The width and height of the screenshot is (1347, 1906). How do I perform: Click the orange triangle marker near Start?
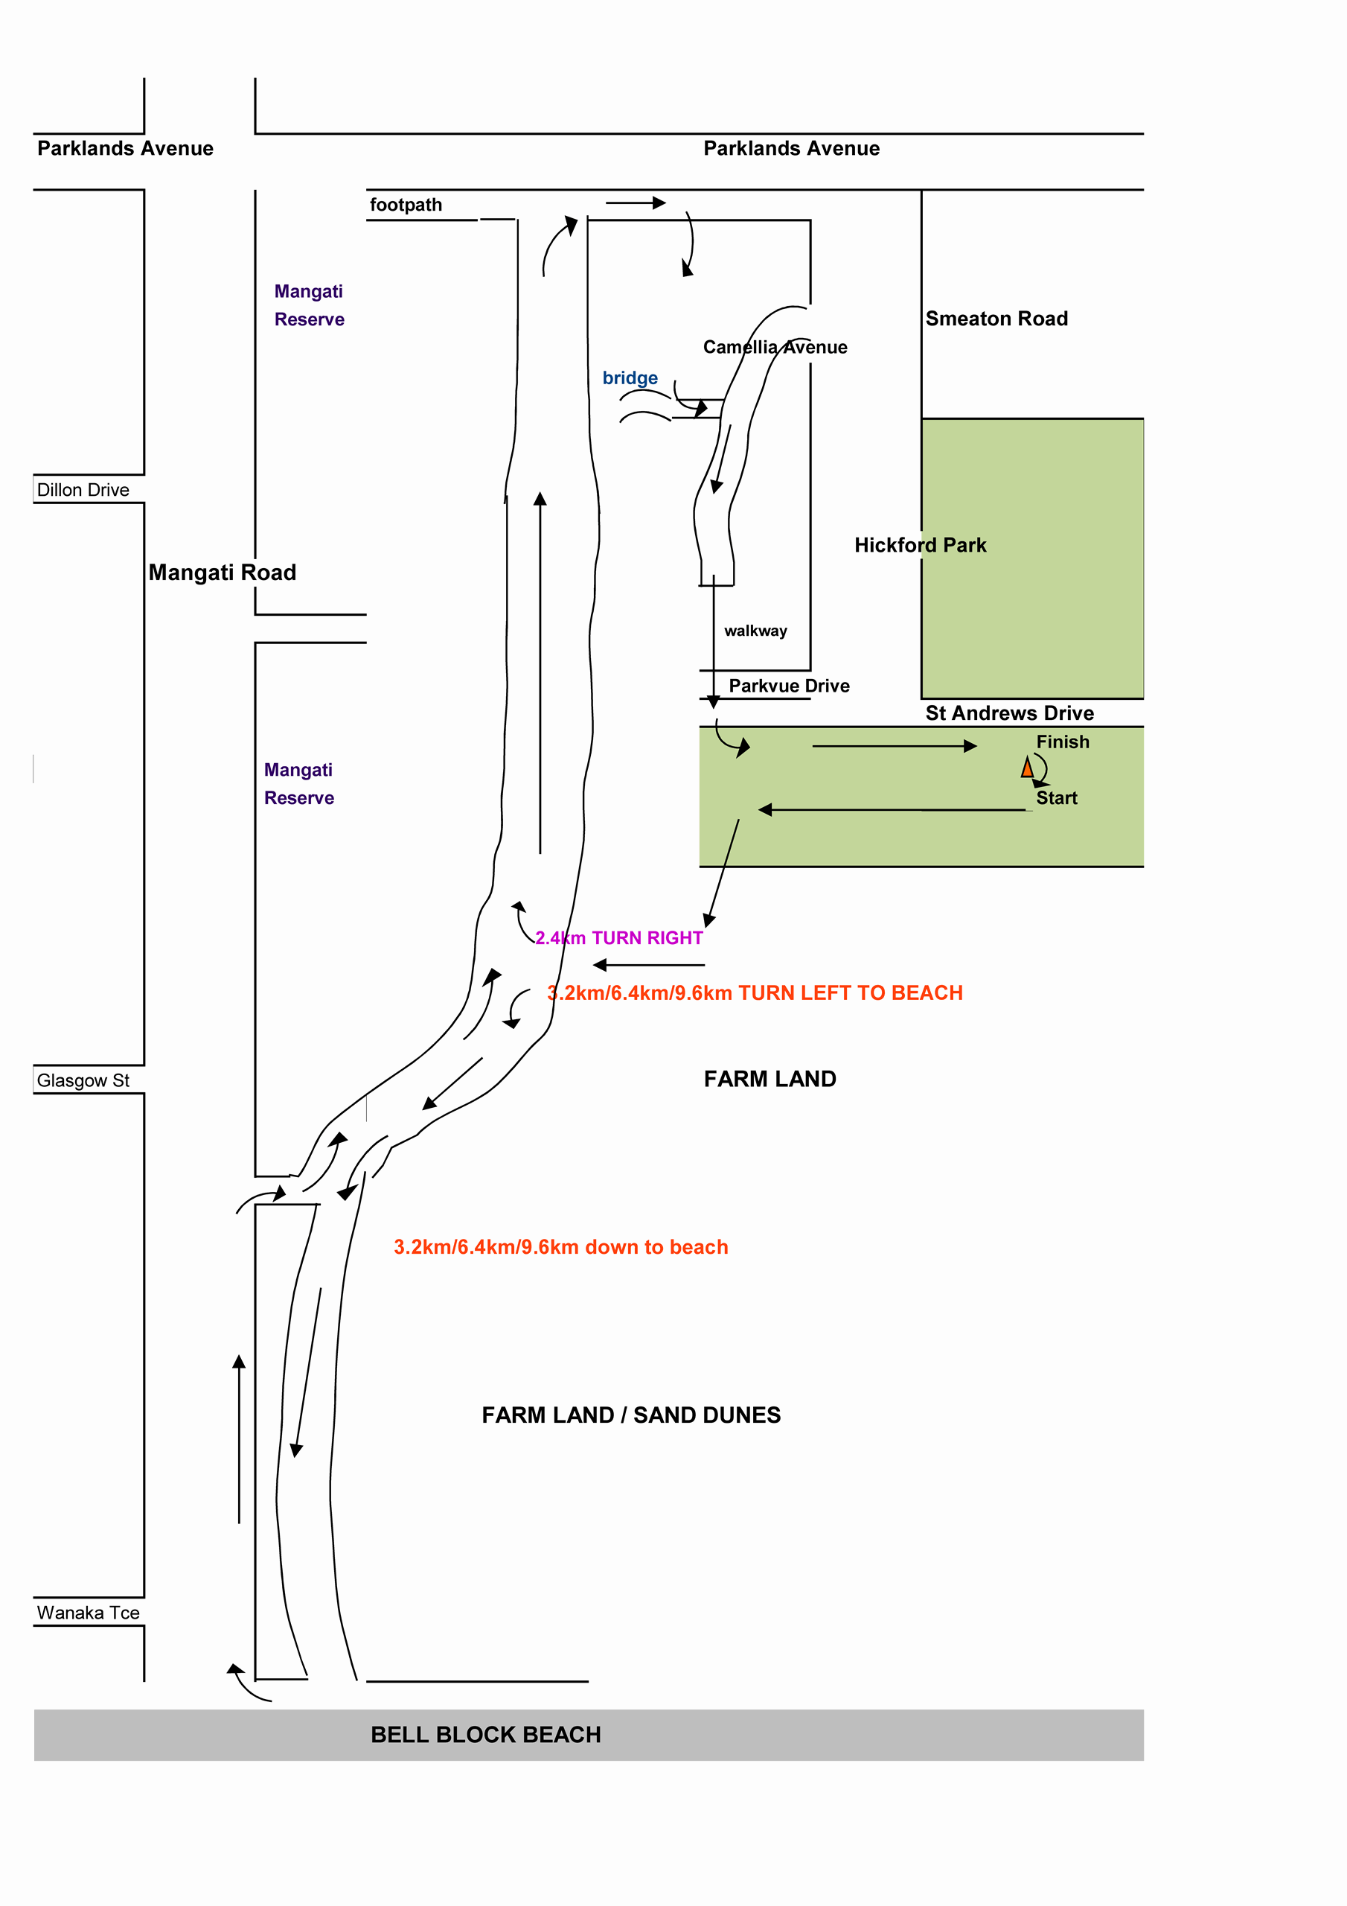pos(1027,767)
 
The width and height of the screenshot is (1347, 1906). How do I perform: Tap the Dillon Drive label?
pos(83,490)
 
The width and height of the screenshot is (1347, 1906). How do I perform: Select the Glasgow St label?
pos(83,1080)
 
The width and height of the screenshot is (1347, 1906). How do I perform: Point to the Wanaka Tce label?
pos(88,1612)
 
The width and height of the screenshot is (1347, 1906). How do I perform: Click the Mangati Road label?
pos(223,572)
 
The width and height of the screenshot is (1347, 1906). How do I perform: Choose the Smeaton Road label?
pos(996,319)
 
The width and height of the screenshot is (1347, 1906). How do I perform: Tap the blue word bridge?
pos(630,377)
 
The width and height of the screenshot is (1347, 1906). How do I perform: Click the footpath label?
pos(406,205)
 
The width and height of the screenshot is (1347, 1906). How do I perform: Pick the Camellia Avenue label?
pos(775,347)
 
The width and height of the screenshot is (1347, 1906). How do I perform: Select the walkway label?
pos(755,631)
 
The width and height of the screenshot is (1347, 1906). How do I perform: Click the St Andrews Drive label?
pos(1009,713)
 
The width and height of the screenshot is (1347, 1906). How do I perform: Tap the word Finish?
pos(1062,742)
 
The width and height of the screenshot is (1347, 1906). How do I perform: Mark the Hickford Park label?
pos(921,546)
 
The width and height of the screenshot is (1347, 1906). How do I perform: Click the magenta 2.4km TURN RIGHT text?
pos(619,938)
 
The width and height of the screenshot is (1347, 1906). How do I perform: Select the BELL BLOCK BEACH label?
pos(485,1734)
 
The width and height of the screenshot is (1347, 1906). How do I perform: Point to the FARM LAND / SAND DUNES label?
pos(631,1415)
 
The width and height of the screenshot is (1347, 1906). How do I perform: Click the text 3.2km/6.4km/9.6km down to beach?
pos(561,1247)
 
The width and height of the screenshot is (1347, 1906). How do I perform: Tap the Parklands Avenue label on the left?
pos(125,149)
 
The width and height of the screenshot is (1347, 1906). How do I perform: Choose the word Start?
pos(1057,797)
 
